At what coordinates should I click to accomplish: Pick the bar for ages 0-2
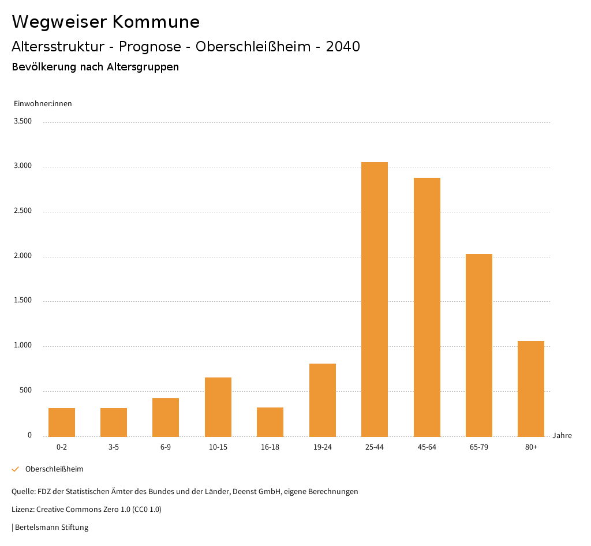[x=62, y=422]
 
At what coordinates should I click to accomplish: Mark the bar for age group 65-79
[x=479, y=345]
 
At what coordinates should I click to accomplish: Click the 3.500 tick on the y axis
[x=23, y=121]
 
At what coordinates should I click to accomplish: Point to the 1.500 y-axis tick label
[x=23, y=301]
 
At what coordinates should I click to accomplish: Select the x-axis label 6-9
[x=166, y=447]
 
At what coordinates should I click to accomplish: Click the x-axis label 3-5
[x=114, y=447]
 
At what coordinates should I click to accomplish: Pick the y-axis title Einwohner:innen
[x=43, y=104]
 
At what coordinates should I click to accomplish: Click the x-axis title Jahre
[x=562, y=436]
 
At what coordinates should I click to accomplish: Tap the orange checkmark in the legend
[x=16, y=469]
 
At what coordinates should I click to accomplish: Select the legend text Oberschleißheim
[x=54, y=469]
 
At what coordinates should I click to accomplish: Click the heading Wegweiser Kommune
[x=106, y=22]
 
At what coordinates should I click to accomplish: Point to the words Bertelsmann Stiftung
[x=51, y=528]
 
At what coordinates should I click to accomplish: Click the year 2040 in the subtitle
[x=343, y=47]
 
